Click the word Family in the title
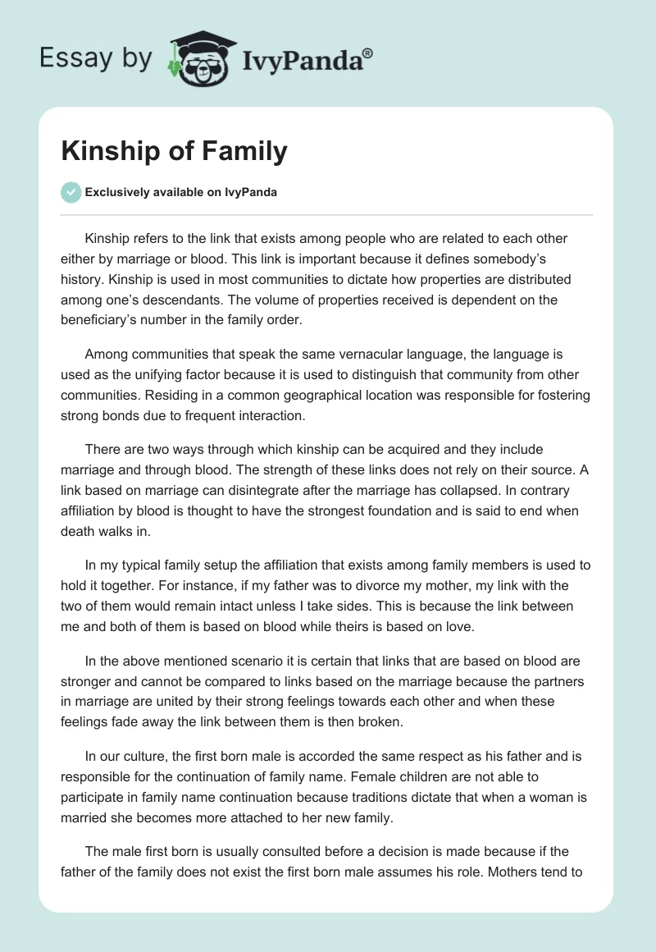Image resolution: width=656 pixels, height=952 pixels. point(247,151)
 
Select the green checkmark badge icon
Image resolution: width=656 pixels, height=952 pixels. point(71,193)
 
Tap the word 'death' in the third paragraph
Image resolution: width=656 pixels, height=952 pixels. point(79,531)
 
